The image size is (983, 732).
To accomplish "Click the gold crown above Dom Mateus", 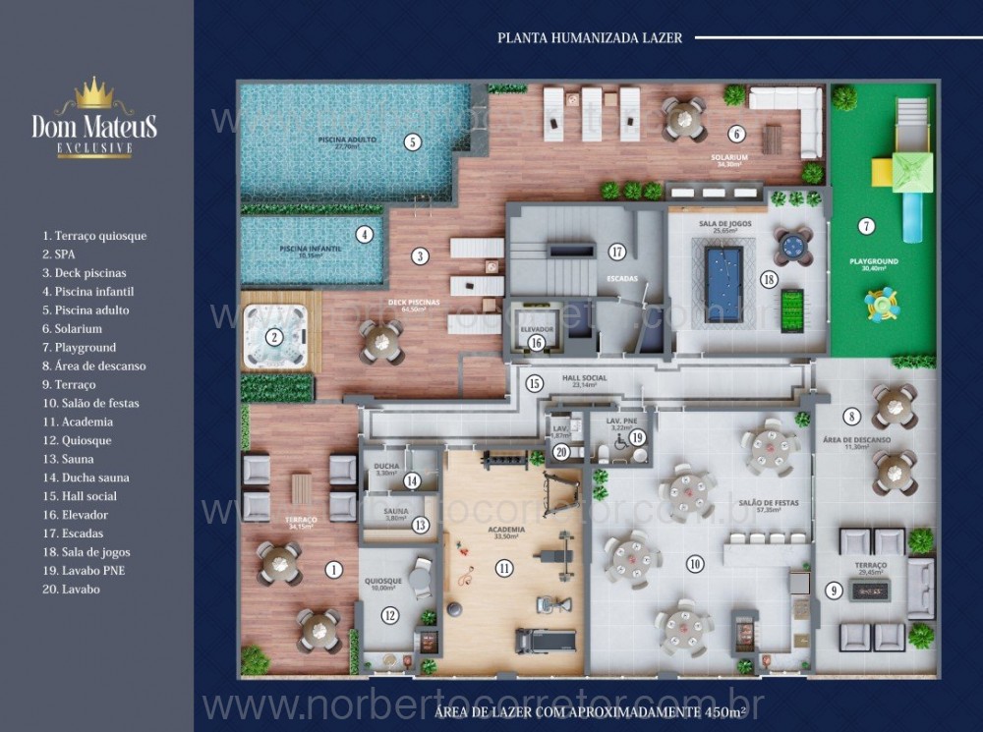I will (x=94, y=93).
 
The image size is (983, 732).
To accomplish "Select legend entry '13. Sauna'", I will (x=68, y=459).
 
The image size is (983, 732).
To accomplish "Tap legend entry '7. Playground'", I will (x=79, y=347).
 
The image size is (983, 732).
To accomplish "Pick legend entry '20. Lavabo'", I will (x=71, y=590).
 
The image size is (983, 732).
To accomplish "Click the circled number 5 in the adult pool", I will (x=413, y=142).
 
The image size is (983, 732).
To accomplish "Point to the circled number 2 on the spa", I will (x=274, y=337).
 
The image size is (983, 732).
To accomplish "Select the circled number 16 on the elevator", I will (x=536, y=342).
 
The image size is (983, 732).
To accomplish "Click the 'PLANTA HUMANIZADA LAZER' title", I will (x=590, y=38).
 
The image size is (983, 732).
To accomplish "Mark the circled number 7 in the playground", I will (x=866, y=226).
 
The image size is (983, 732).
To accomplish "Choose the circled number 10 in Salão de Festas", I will (x=695, y=564).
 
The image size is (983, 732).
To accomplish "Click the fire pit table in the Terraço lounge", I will (x=870, y=590).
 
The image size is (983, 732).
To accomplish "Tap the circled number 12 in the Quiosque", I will (x=390, y=616).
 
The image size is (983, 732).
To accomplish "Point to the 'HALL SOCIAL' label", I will (x=584, y=378).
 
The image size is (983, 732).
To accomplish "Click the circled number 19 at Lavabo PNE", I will (x=637, y=437).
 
